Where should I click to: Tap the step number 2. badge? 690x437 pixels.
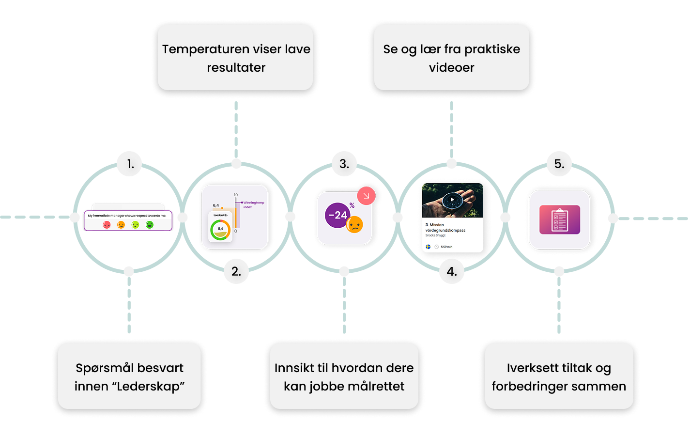pos(236,272)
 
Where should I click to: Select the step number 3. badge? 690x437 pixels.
pos(344,164)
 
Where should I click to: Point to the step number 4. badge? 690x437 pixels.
pos(451,272)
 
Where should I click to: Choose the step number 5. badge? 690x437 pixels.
pos(559,164)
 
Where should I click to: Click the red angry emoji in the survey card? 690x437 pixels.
pos(107,225)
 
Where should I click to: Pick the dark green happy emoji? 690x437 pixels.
pos(150,225)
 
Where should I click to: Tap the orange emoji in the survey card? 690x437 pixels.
pos(121,225)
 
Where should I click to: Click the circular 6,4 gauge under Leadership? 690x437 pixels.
pos(220,229)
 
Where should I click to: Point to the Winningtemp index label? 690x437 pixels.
pos(253,204)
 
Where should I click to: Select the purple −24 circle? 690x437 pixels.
pos(337,215)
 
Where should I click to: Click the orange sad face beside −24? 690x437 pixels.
pos(355,224)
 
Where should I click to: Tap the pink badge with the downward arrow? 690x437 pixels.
pos(366,196)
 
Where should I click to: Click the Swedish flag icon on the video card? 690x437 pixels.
pos(428,247)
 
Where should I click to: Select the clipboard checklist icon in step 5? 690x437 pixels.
pos(559,220)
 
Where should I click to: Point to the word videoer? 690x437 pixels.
pos(451,67)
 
